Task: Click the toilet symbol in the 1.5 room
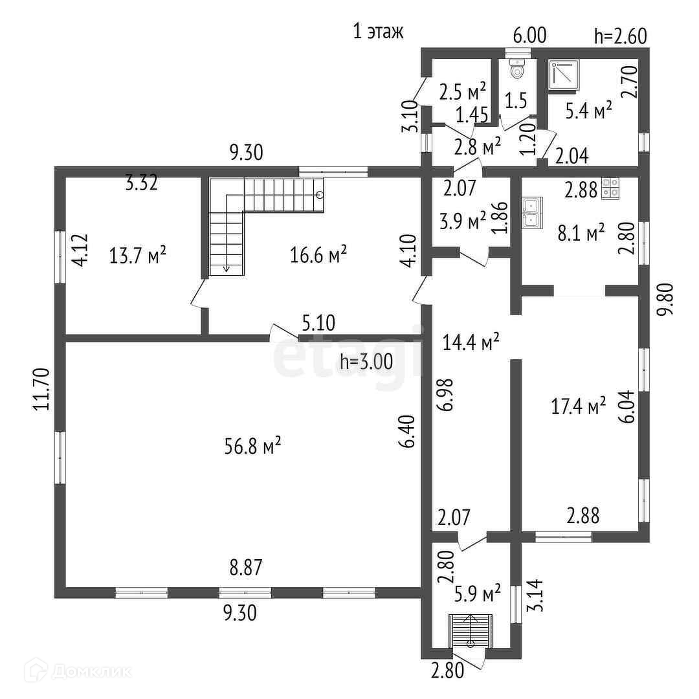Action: pos(517,69)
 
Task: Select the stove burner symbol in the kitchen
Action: pos(610,187)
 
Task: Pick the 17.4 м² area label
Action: pos(578,406)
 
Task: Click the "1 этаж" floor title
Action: pos(378,31)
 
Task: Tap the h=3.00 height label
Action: pos(366,362)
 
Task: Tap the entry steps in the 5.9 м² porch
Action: pos(471,630)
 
